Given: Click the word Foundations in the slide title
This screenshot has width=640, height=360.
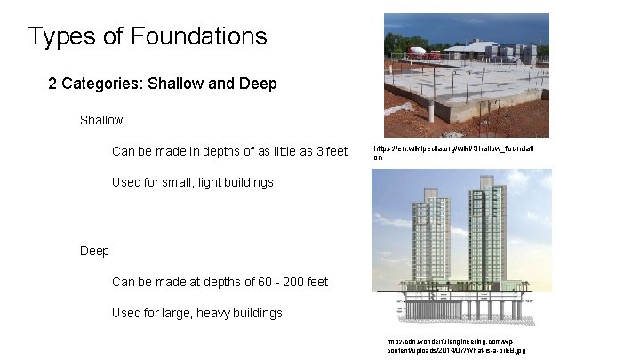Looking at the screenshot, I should [198, 36].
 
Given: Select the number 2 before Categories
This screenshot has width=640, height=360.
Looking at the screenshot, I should [53, 84].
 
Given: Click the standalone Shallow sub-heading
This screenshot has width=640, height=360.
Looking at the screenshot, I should [101, 119].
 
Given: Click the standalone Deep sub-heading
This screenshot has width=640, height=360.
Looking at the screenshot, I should [94, 251].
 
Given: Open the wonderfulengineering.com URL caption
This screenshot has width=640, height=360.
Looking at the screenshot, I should [455, 346].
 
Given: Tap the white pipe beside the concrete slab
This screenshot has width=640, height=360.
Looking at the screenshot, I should [430, 110].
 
